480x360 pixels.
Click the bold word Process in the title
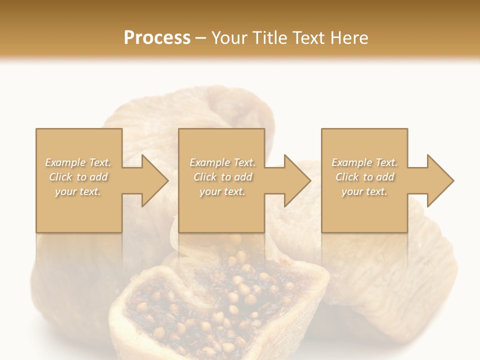coord(157,38)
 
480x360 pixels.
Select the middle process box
coord(221,215)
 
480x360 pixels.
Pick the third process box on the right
coord(364,215)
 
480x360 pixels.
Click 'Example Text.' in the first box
coord(78,162)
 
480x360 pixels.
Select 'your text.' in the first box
coord(78,191)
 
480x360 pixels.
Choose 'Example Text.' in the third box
coord(364,162)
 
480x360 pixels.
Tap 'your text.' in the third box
coord(364,191)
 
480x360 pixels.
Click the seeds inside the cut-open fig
coord(235,300)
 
